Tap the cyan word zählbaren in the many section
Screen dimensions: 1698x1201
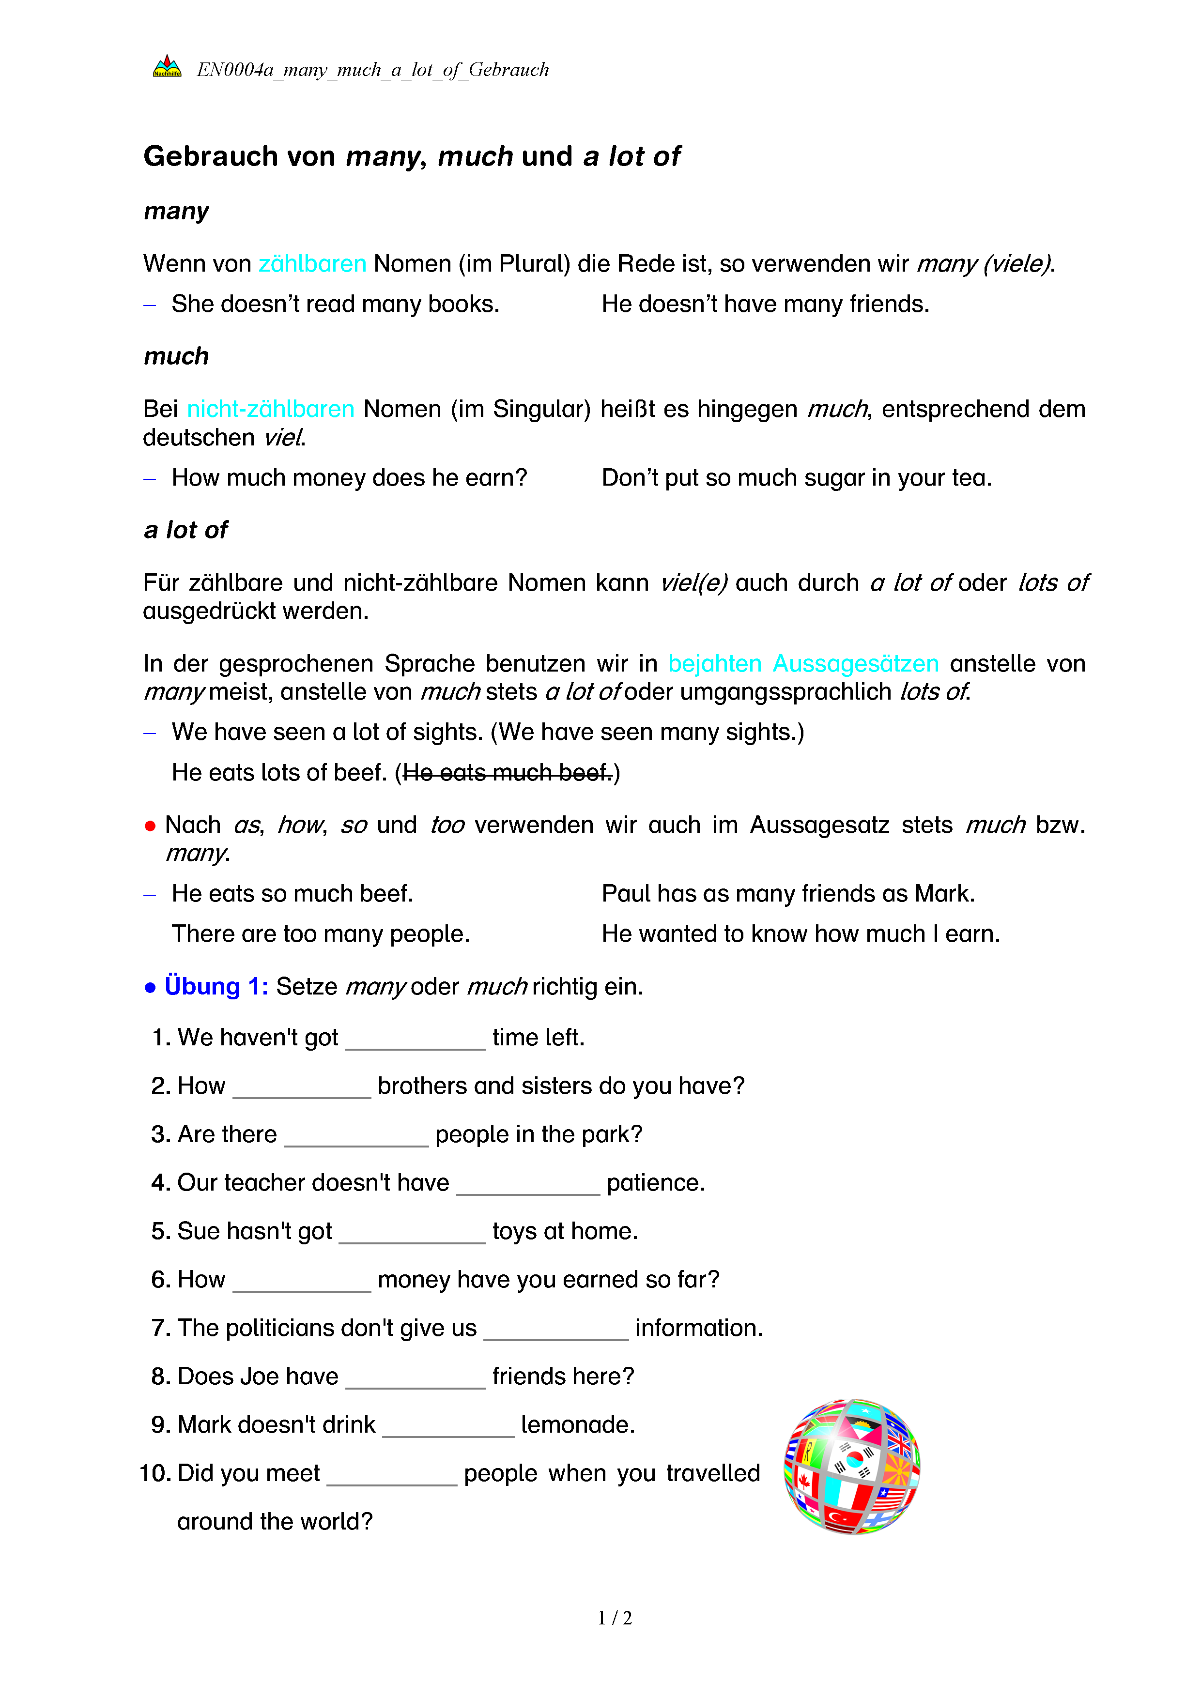pyautogui.click(x=312, y=263)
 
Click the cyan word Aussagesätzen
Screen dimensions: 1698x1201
pyautogui.click(x=856, y=663)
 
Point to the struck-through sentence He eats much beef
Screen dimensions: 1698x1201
pyautogui.click(x=508, y=772)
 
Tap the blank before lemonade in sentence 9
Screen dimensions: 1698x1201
pyautogui.click(x=448, y=1426)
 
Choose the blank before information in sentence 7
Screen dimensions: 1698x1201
pyautogui.click(x=556, y=1330)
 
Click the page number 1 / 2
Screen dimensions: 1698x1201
pyautogui.click(x=615, y=1618)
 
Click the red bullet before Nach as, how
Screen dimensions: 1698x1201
pyautogui.click(x=150, y=826)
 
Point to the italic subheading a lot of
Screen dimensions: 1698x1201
pyautogui.click(x=185, y=530)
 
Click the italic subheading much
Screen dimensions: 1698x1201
pyautogui.click(x=176, y=356)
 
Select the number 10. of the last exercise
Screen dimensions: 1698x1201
pyautogui.click(x=155, y=1473)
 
